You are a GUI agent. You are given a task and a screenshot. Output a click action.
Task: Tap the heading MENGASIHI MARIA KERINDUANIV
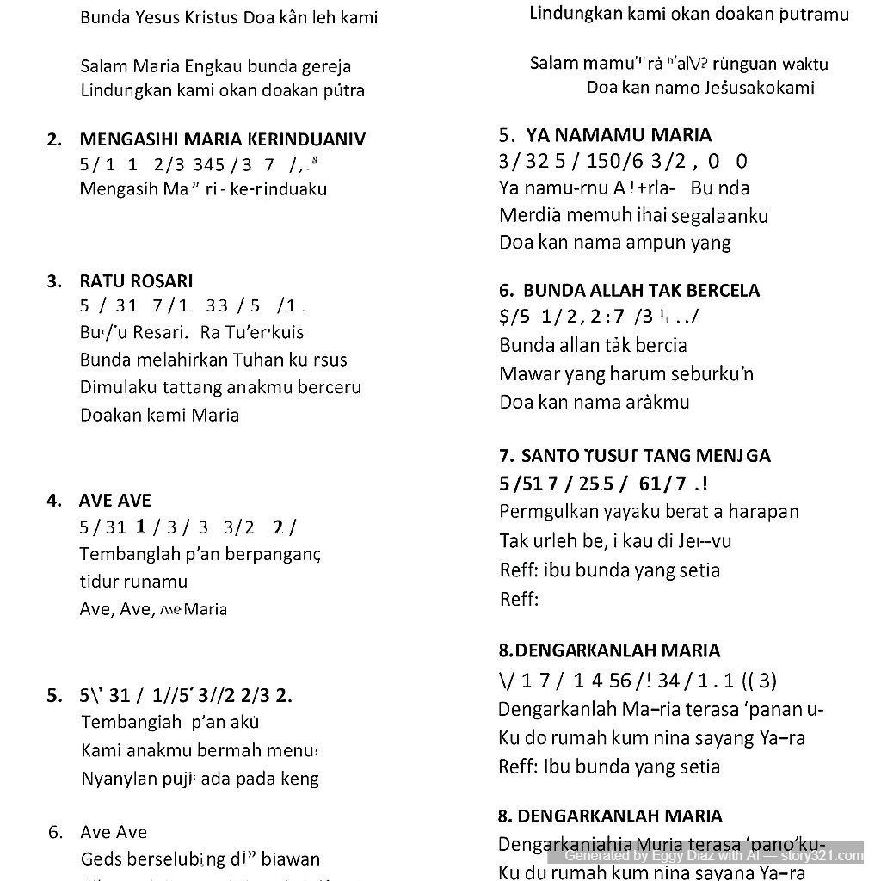tap(222, 139)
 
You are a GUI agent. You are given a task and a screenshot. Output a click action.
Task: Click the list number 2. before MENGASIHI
tap(55, 139)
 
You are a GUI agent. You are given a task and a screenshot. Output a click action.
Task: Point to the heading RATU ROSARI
tap(136, 280)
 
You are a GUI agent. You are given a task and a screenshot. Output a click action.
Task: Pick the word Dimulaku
tap(118, 387)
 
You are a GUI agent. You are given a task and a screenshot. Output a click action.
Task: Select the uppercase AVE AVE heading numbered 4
tap(114, 501)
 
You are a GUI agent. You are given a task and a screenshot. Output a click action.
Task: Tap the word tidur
tap(99, 581)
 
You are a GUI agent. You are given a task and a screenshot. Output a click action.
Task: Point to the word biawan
tap(291, 859)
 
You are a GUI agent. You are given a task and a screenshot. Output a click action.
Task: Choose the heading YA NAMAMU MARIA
tap(619, 135)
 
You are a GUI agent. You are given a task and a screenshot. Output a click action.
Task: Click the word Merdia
tap(529, 215)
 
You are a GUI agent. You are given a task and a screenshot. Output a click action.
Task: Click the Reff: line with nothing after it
tap(519, 599)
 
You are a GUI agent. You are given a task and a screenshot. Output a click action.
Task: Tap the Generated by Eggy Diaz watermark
tap(713, 855)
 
